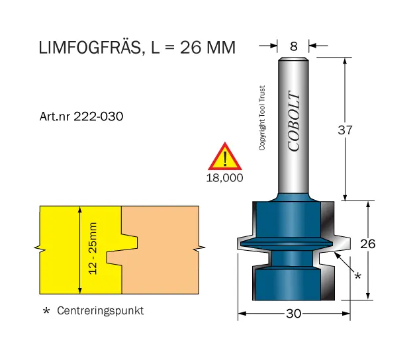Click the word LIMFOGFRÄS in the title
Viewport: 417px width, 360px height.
point(89,48)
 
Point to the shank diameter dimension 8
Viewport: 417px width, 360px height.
point(294,46)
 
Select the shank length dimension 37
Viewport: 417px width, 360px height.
point(346,130)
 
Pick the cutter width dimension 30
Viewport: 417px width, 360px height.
point(293,314)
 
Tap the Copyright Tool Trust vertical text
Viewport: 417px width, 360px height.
point(262,118)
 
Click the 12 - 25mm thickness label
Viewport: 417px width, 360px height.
point(93,249)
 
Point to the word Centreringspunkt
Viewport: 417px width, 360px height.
point(100,310)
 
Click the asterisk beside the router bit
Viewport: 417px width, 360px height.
point(358,274)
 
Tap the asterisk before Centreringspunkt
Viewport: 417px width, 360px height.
point(46,311)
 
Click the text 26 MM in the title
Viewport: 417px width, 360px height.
point(205,48)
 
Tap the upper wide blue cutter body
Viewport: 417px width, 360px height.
point(287,219)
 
